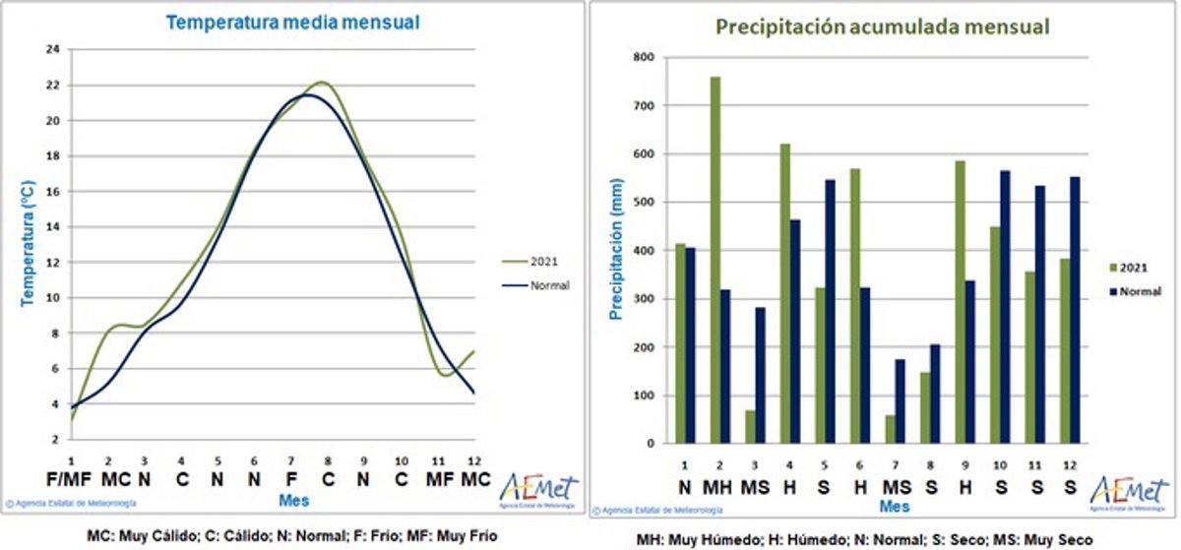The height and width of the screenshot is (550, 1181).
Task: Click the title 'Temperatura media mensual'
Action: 291,22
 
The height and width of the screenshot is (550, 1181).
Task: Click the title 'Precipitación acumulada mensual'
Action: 882,27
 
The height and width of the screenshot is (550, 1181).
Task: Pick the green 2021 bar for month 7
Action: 890,429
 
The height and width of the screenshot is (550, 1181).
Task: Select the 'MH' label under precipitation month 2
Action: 717,487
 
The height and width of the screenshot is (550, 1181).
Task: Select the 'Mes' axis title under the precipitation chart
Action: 894,507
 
